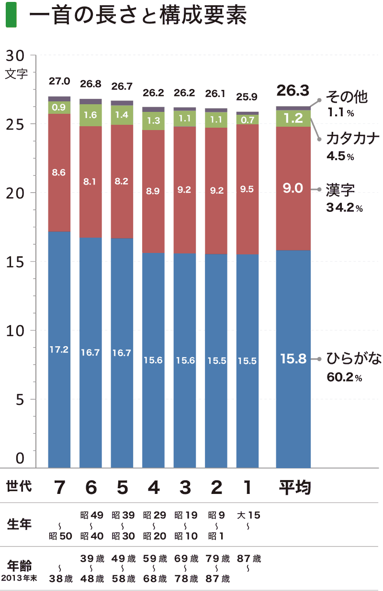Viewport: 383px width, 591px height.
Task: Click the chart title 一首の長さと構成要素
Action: coord(137,16)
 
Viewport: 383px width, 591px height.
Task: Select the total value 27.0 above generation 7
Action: coord(59,82)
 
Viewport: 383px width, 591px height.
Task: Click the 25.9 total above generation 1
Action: coord(247,97)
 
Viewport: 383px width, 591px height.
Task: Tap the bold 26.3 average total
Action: coord(293,90)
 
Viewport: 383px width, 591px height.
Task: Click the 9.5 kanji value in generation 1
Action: coord(247,189)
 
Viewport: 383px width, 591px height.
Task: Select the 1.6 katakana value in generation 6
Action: coord(90,115)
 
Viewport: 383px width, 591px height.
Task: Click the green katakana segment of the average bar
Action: coord(293,118)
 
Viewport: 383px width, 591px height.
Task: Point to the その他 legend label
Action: coord(347,97)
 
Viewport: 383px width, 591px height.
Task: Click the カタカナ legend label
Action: coord(353,139)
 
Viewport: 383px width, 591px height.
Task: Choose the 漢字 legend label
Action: coord(340,190)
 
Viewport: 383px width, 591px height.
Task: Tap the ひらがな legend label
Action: coord(354,359)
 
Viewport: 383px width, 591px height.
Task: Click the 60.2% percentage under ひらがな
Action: coord(344,378)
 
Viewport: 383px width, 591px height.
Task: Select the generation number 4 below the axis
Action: coord(153,487)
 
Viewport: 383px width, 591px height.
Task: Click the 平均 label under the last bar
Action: coord(295,487)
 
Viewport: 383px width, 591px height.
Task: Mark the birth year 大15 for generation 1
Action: coord(248,515)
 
